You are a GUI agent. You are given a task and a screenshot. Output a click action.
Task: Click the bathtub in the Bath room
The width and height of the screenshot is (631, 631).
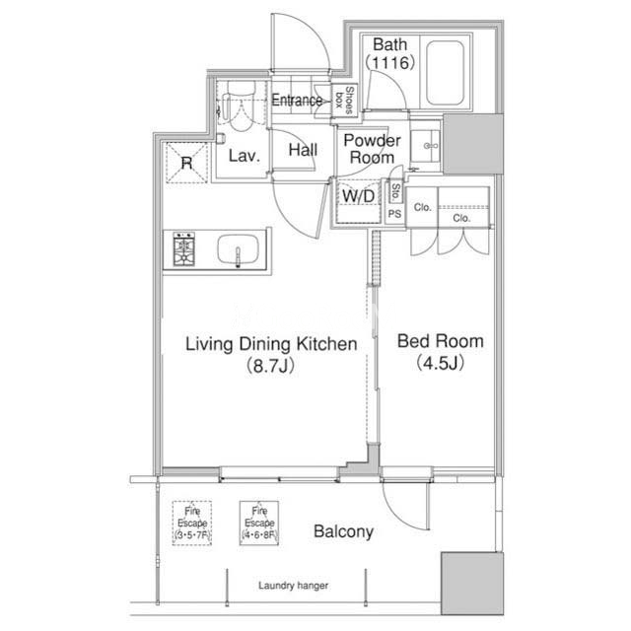click(445, 73)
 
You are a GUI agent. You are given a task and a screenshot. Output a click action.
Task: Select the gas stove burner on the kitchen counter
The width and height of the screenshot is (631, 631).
click(184, 248)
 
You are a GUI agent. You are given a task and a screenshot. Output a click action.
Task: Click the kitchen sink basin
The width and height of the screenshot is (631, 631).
click(239, 249)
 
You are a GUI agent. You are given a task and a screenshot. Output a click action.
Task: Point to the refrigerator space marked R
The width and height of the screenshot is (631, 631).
click(186, 163)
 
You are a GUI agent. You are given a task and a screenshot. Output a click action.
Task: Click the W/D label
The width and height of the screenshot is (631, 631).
click(358, 196)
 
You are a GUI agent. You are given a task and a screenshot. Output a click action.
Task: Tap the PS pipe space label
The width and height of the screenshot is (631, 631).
click(394, 214)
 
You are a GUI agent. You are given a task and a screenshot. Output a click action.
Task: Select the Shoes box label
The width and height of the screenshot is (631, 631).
click(344, 100)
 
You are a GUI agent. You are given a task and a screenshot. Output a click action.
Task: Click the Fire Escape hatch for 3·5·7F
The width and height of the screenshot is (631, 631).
click(192, 523)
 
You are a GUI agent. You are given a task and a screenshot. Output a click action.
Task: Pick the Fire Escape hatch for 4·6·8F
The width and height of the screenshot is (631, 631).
click(259, 523)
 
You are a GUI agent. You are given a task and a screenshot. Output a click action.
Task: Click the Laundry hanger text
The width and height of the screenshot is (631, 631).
click(294, 586)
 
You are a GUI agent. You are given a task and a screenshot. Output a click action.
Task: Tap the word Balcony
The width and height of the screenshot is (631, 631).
click(343, 531)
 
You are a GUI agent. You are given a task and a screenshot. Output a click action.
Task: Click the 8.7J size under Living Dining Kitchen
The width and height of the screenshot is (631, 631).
click(270, 366)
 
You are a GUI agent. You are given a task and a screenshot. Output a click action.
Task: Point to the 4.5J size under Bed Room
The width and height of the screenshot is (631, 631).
click(440, 363)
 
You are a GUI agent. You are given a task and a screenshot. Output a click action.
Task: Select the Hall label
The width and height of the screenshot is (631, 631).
click(303, 150)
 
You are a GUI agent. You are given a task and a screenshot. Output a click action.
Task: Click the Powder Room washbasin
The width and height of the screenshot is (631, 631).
click(425, 146)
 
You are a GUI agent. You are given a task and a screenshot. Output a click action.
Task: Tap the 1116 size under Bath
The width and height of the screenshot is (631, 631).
click(389, 62)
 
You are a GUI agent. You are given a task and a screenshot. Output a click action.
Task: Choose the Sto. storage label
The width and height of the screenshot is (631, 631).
click(396, 192)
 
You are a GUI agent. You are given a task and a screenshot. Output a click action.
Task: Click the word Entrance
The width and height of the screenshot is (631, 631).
click(297, 100)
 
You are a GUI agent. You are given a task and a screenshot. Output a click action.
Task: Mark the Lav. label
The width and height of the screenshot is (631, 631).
click(244, 156)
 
